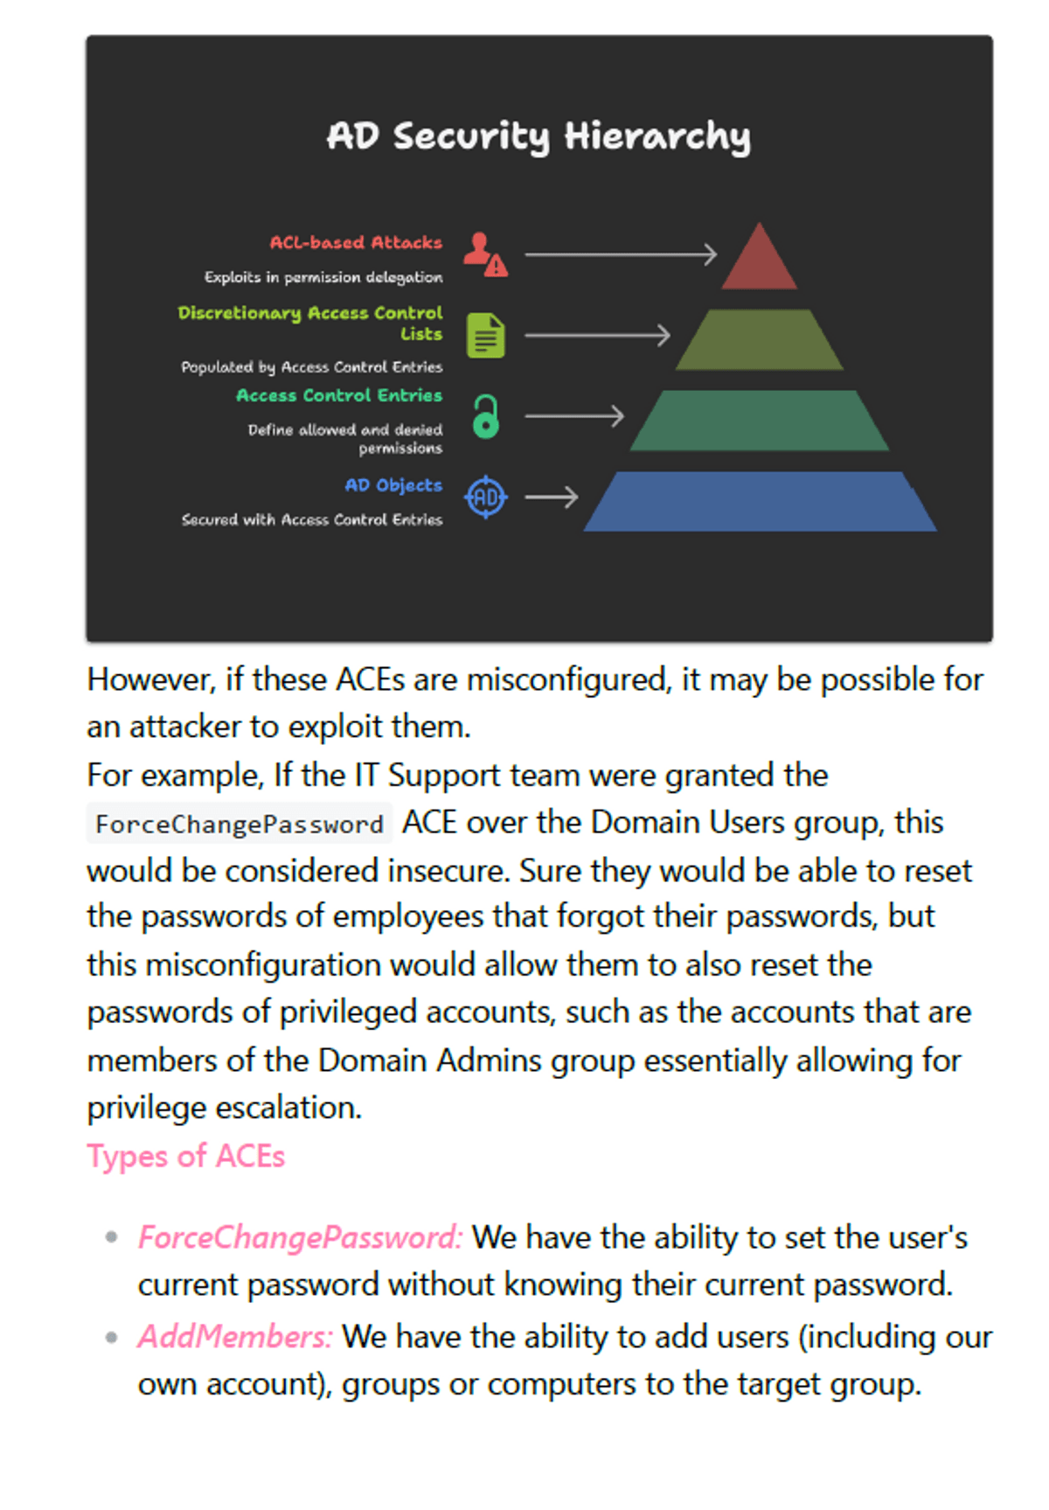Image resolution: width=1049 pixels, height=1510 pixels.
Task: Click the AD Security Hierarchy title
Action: click(x=538, y=136)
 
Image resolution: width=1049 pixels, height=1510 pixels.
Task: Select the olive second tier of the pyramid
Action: click(x=759, y=339)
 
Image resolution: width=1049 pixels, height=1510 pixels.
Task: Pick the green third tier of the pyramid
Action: click(x=759, y=421)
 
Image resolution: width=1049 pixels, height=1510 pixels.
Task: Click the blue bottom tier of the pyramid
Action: click(x=759, y=502)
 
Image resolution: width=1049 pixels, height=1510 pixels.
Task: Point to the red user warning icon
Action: click(x=485, y=254)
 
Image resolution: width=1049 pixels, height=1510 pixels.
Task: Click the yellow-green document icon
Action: click(x=486, y=336)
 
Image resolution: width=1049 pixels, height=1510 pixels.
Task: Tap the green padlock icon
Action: click(x=486, y=416)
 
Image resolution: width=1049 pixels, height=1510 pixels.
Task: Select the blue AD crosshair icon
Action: click(x=486, y=498)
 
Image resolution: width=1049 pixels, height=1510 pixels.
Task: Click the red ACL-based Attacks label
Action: click(x=356, y=242)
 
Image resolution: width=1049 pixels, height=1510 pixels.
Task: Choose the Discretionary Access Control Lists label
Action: click(x=310, y=323)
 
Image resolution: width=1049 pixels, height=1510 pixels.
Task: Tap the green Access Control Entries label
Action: click(x=339, y=395)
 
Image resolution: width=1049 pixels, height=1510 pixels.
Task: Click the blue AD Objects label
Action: click(x=393, y=485)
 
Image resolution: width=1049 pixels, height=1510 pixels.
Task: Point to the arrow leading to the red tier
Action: click(x=621, y=254)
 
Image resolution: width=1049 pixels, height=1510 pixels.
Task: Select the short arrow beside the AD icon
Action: click(x=552, y=498)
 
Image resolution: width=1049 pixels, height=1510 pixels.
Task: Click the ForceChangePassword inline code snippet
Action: click(x=240, y=824)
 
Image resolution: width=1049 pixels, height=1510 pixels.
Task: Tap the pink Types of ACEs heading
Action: click(x=186, y=1156)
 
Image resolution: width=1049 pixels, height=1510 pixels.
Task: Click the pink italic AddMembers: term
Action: click(x=235, y=1337)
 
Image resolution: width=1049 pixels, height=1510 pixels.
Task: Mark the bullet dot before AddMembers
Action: click(x=111, y=1337)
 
